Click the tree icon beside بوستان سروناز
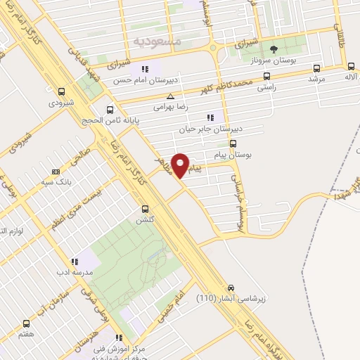coord(274,49)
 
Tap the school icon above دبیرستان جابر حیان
coord(209,117)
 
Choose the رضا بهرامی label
coord(172,109)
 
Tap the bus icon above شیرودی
coord(61,91)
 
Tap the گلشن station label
coord(146,220)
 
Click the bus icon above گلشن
coord(146,209)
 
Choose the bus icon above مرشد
coord(316,69)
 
